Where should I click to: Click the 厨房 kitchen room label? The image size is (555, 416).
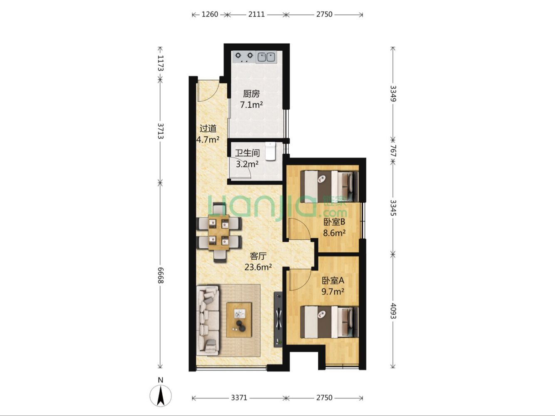251,94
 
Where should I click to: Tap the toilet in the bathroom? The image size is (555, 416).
270,151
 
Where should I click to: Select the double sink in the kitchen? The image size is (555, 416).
266,57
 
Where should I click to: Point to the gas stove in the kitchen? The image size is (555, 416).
244,57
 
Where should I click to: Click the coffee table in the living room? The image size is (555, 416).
239,320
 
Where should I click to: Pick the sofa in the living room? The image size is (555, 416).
208,320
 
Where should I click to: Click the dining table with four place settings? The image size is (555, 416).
219,232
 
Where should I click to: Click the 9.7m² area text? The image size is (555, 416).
332,292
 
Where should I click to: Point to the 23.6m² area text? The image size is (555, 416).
258,267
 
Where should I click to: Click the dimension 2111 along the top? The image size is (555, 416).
256,15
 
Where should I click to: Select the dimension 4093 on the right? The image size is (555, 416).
393,311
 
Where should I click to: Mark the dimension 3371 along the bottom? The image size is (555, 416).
239,398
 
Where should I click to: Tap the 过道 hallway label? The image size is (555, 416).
208,128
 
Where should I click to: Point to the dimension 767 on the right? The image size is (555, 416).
393,151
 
